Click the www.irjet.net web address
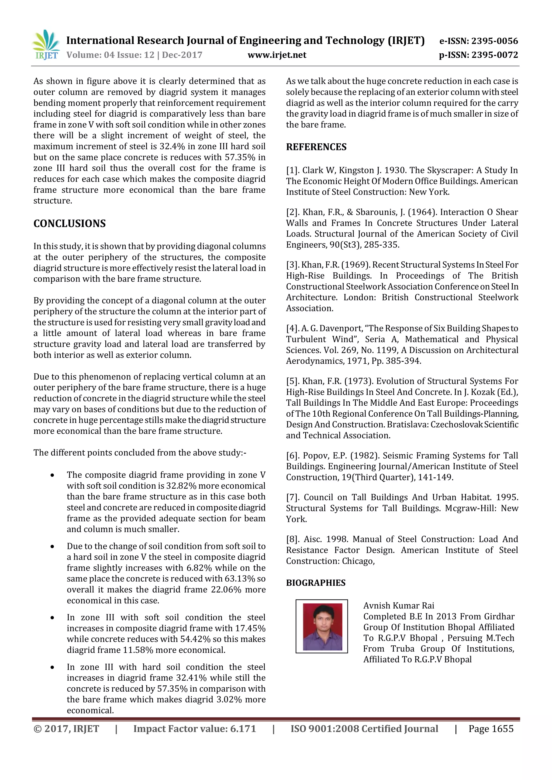pyautogui.click(x=277, y=55)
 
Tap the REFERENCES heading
pyautogui.click(x=316, y=147)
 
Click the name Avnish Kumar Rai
pyautogui.click(x=398, y=605)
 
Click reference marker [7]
pyautogui.click(x=292, y=497)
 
